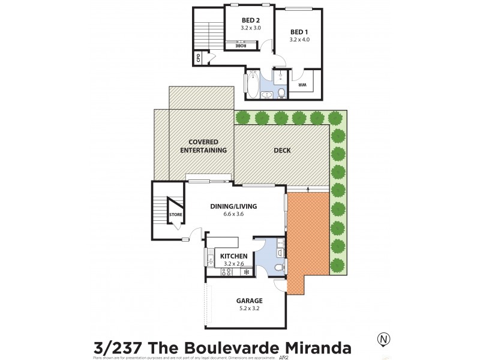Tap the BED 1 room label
click(x=298, y=32)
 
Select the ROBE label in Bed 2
click(x=241, y=45)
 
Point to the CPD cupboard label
click(x=197, y=58)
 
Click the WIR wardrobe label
click(x=302, y=85)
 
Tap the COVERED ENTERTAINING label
click(x=203, y=146)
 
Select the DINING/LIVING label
click(x=233, y=206)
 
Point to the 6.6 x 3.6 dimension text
click(x=233, y=214)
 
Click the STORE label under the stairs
click(x=175, y=214)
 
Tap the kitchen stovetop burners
click(x=227, y=272)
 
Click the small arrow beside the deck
click(x=308, y=189)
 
